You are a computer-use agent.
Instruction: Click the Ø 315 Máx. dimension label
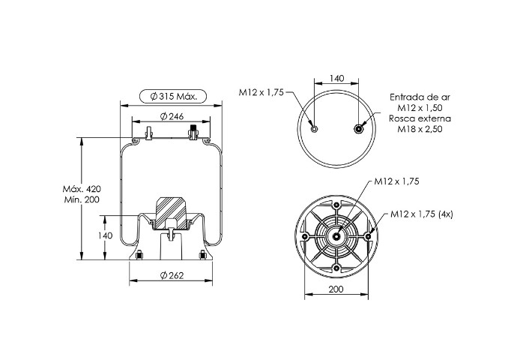point(173,97)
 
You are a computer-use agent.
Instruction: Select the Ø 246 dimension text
point(172,116)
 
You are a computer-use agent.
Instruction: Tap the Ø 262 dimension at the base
point(172,275)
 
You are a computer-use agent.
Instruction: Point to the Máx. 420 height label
point(82,189)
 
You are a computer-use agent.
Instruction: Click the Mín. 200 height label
point(82,199)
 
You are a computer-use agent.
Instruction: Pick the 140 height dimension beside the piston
point(105,235)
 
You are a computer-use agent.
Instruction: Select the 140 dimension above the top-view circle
point(336,78)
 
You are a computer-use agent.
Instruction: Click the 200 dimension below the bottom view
point(336,289)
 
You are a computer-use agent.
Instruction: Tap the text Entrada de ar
point(420,97)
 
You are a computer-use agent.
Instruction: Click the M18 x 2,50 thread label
point(420,129)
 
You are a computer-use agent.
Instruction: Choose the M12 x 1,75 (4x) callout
point(422,214)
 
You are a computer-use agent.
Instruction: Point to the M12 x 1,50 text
point(420,107)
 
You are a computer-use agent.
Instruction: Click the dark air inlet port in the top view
point(359,129)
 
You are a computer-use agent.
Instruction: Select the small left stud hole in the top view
point(314,129)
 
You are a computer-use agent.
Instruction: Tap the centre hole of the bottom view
point(336,236)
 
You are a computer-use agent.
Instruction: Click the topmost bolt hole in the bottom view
point(336,205)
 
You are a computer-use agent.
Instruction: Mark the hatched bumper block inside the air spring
point(171,213)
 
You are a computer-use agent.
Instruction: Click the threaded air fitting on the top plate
point(193,132)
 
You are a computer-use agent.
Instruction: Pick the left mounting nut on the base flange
point(139,254)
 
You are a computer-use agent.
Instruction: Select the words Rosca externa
point(420,118)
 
